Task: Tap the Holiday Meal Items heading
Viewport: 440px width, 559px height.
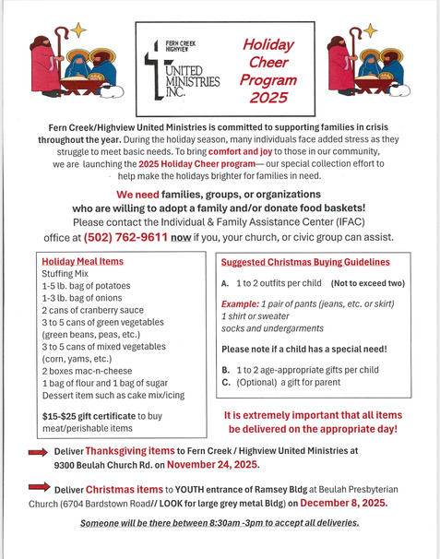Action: pyautogui.click(x=83, y=262)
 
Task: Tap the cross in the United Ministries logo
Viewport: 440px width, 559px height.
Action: pyautogui.click(x=152, y=72)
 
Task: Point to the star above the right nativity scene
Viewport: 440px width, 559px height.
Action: pyautogui.click(x=371, y=30)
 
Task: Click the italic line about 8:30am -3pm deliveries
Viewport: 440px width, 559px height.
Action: pyautogui.click(x=219, y=523)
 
